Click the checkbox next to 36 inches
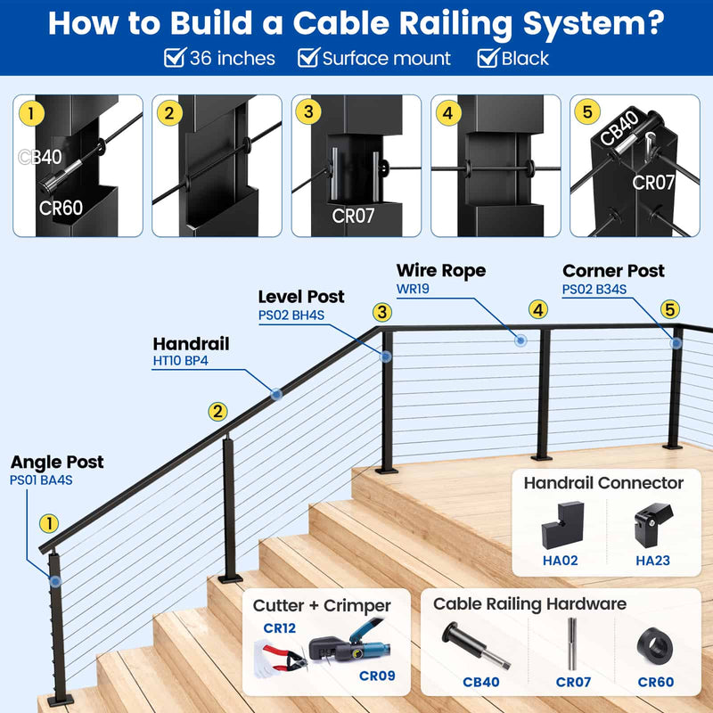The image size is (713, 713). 175,59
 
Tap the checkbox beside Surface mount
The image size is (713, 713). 307,59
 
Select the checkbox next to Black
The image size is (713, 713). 488,59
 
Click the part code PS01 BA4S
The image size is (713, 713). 41,480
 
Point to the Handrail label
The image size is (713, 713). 191,344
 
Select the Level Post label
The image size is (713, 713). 301,297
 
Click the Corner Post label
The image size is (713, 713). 613,271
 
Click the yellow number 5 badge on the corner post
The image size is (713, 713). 669,309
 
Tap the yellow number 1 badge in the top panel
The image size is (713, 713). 33,113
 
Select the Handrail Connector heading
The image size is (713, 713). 603,483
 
